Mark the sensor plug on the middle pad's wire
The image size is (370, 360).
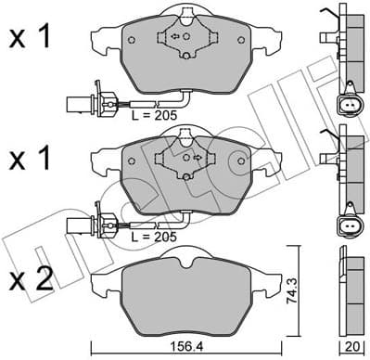pyautogui.click(x=77, y=223)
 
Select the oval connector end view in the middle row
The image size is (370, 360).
pyautogui.click(x=349, y=225)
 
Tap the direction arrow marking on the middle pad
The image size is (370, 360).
pyautogui.click(x=196, y=158)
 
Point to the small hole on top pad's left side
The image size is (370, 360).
pyautogui.click(x=132, y=39)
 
